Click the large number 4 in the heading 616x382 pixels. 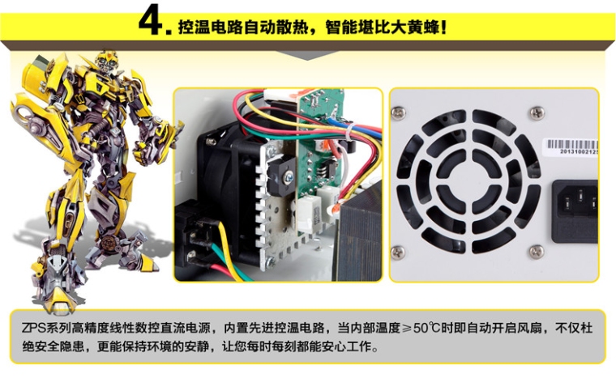tap(152, 19)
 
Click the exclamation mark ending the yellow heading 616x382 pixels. tap(444, 27)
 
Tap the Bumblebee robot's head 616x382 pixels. tap(106, 63)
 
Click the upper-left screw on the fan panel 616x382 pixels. tap(398, 113)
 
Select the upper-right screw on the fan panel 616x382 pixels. tap(537, 113)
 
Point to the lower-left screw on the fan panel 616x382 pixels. tap(398, 253)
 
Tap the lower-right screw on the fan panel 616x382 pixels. tap(537, 252)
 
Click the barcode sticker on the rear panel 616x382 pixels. tap(571, 146)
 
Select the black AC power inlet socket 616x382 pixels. tap(575, 211)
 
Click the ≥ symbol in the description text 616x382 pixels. tap(406, 328)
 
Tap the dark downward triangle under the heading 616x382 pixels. tap(308, 55)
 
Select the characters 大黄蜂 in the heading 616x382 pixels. tap(415, 27)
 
